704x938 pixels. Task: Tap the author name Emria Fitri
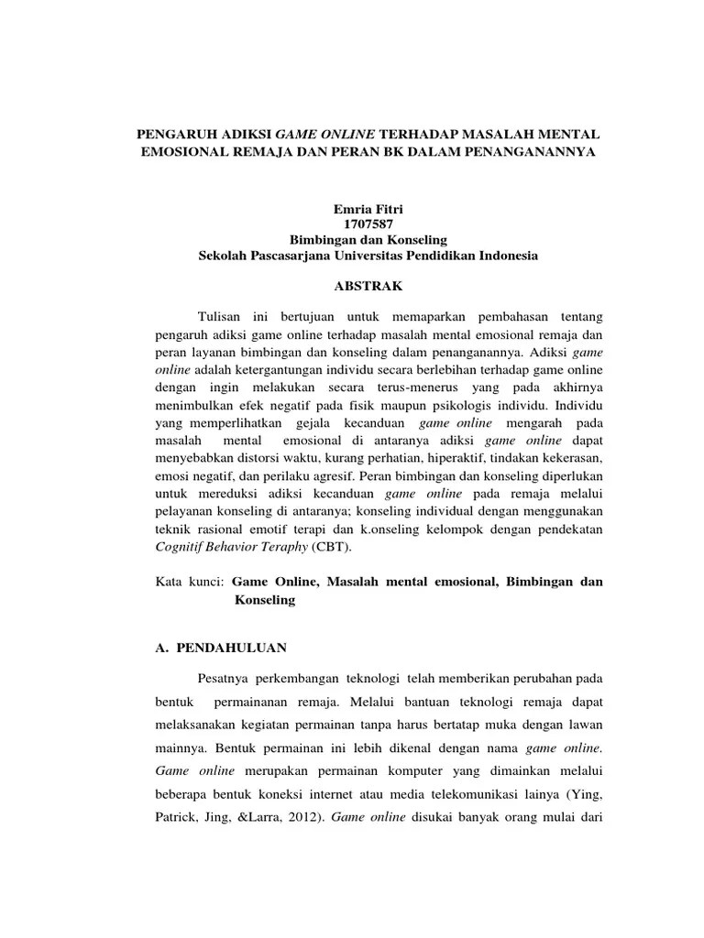368,210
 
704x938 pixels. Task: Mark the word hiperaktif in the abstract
460,456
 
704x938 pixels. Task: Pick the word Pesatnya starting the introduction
223,679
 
